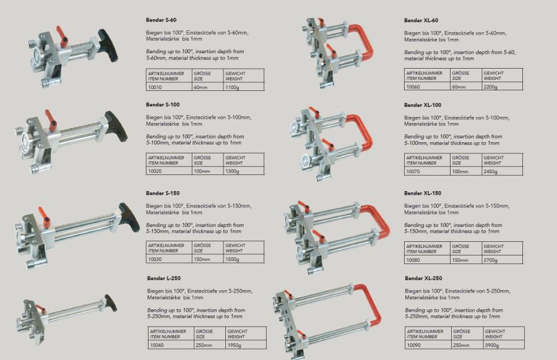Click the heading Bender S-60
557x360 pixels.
point(161,20)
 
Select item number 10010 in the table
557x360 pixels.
point(155,87)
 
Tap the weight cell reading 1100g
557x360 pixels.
point(232,87)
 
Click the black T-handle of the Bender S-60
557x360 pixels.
point(108,45)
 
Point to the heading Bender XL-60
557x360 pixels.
point(421,20)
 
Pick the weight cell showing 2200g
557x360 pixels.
point(491,87)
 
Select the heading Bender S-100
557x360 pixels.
point(163,105)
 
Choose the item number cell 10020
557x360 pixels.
point(155,171)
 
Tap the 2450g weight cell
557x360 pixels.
point(491,171)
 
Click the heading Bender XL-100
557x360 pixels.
point(423,105)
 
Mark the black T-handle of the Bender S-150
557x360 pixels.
point(129,217)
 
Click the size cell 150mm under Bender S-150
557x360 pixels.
point(202,259)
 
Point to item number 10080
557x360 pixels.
point(413,260)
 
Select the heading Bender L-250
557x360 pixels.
point(164,278)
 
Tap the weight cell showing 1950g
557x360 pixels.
point(235,345)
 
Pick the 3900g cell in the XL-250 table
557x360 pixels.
point(492,345)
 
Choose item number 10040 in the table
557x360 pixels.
point(157,345)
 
